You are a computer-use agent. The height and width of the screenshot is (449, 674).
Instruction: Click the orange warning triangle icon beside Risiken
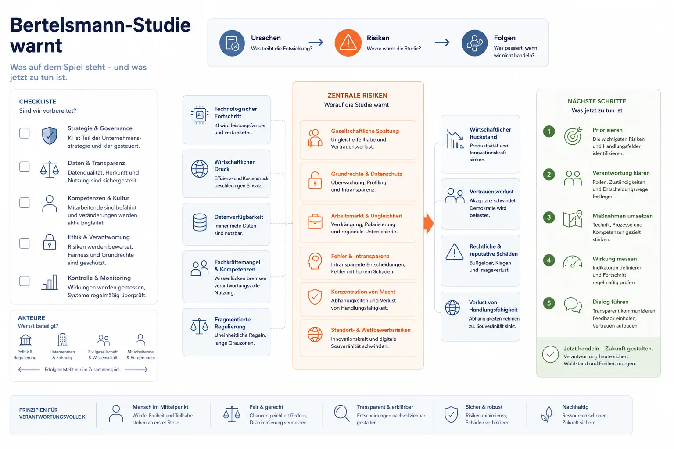tap(348, 43)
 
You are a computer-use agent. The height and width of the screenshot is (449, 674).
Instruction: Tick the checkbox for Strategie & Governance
tap(25, 133)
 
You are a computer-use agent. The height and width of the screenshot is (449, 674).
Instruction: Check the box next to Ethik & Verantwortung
tap(25, 243)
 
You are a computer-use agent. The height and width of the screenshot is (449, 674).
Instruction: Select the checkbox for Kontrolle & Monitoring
tap(25, 281)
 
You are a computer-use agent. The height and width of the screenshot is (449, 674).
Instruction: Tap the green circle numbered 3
tap(549, 217)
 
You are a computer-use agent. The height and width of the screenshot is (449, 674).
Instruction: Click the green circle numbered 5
tap(549, 303)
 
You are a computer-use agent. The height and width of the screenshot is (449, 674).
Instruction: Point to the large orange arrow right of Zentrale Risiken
tap(429, 224)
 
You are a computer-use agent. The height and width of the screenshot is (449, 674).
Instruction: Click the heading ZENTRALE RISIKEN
tap(358, 95)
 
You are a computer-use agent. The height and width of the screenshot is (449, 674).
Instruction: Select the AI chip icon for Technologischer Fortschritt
tap(200, 114)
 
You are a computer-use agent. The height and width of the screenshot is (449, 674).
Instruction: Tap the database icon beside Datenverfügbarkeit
tap(200, 222)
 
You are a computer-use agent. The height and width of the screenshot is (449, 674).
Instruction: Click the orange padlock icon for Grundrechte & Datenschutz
tap(315, 180)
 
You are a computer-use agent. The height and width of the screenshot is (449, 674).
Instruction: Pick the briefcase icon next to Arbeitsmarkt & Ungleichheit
tap(315, 221)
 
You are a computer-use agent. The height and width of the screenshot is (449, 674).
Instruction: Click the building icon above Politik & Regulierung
tap(25, 340)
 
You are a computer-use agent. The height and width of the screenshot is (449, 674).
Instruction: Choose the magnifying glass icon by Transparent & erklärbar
tap(342, 413)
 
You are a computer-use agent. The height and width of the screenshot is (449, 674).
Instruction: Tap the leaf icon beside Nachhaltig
tap(547, 414)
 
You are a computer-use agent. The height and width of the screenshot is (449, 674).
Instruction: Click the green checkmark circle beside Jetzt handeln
tap(550, 354)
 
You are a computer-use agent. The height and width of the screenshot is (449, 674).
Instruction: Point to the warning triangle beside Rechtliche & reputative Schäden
tap(454, 252)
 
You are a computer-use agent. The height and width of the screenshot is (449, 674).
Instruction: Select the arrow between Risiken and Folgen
tap(442, 43)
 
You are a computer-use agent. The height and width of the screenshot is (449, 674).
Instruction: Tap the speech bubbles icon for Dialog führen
tap(573, 305)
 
